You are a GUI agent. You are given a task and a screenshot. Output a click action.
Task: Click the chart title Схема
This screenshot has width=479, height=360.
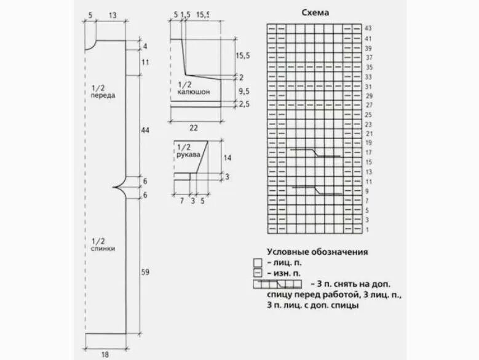point(316,12)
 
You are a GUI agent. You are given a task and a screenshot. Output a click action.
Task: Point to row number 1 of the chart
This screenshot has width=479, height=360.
point(368,230)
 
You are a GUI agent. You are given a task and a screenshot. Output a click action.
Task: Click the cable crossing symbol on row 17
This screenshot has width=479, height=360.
point(315,152)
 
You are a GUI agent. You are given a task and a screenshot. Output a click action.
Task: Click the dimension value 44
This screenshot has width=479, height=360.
point(145,130)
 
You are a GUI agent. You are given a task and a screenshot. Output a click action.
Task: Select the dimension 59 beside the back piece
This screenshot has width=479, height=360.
point(145,271)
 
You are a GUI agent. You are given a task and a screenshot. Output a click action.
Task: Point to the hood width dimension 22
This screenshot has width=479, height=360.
point(193,127)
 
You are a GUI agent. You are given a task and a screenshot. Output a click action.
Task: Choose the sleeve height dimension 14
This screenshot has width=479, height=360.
point(227,158)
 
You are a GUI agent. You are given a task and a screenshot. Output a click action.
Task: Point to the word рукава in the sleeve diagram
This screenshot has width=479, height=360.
point(189,155)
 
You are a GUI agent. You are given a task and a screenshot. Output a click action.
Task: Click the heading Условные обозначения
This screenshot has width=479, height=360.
point(317,252)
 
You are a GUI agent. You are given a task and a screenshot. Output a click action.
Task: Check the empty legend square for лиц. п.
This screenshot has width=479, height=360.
point(257,262)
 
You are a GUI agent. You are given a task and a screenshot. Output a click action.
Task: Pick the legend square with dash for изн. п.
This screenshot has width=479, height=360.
point(257,273)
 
